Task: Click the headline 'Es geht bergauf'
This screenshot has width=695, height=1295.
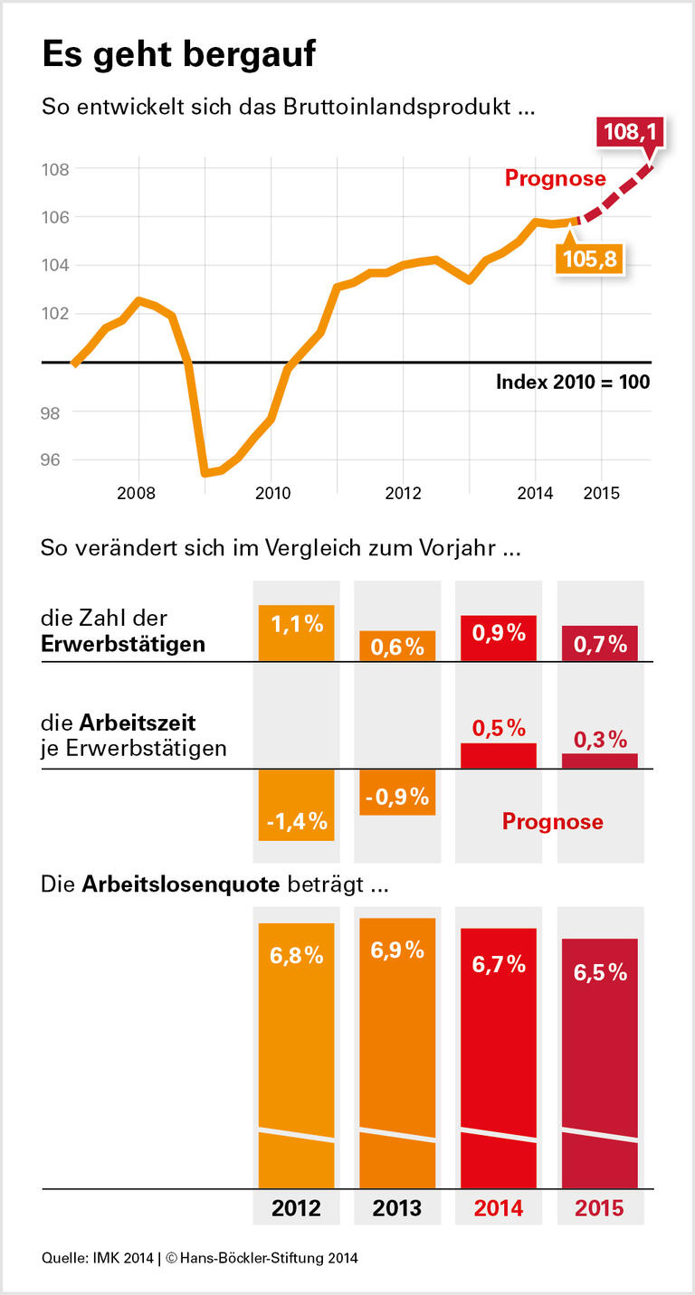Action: pyautogui.click(x=178, y=55)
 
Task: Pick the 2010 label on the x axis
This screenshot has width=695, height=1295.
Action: pyautogui.click(x=272, y=494)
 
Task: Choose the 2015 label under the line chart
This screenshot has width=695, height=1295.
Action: pyautogui.click(x=601, y=494)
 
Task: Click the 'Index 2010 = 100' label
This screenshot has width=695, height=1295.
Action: pyautogui.click(x=572, y=382)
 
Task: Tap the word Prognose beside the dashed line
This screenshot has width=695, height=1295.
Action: pyautogui.click(x=555, y=178)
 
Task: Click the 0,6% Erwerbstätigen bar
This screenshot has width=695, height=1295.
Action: pyautogui.click(x=397, y=646)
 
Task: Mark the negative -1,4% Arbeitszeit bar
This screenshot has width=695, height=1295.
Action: pyautogui.click(x=296, y=805)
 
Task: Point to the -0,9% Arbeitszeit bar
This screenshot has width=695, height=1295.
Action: pyautogui.click(x=397, y=792)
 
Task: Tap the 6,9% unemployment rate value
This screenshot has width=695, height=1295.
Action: pyautogui.click(x=397, y=950)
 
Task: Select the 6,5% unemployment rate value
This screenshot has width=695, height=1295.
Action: pyautogui.click(x=600, y=972)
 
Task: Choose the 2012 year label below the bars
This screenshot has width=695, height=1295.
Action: pyautogui.click(x=296, y=1208)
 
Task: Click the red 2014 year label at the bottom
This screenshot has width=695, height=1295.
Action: pyautogui.click(x=498, y=1208)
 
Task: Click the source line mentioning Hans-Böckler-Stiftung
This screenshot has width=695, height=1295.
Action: pyautogui.click(x=200, y=1258)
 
